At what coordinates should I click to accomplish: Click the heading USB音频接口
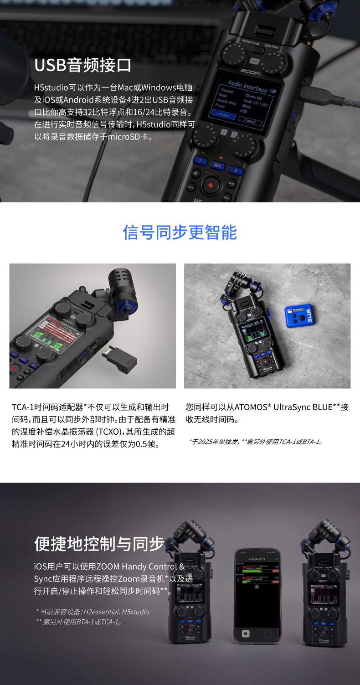[83, 65]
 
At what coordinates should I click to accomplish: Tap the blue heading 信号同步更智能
[180, 232]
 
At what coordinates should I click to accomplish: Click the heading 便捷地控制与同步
[99, 543]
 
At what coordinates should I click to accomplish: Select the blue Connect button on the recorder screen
[223, 114]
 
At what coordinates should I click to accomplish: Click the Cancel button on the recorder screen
[250, 121]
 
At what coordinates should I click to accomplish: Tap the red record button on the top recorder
[211, 185]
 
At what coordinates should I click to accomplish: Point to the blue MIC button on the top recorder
[217, 166]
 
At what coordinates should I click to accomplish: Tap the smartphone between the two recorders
[257, 595]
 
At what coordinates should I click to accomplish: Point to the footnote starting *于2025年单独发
[255, 442]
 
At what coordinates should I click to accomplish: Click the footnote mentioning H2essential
[92, 612]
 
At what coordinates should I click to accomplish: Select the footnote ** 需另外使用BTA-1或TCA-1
[78, 622]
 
